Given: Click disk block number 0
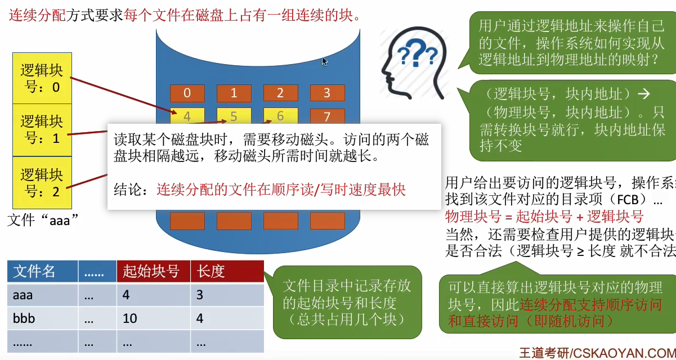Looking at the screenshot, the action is [x=187, y=93].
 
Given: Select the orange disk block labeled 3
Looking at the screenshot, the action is [x=326, y=93].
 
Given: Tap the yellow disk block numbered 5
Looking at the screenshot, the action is [x=234, y=116].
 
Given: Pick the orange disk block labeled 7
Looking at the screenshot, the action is [x=326, y=117].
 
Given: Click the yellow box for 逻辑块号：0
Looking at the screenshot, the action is [x=42, y=78].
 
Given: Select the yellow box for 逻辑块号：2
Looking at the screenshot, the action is [x=42, y=182].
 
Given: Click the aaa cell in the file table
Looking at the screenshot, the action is [x=23, y=295].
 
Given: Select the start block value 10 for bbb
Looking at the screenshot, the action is [x=130, y=318].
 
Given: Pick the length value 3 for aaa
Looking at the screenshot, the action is [x=200, y=295].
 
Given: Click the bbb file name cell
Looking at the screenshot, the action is [x=24, y=318].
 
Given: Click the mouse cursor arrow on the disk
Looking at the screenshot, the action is [x=324, y=61].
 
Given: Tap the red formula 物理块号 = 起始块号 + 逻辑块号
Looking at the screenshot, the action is [x=544, y=217].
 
